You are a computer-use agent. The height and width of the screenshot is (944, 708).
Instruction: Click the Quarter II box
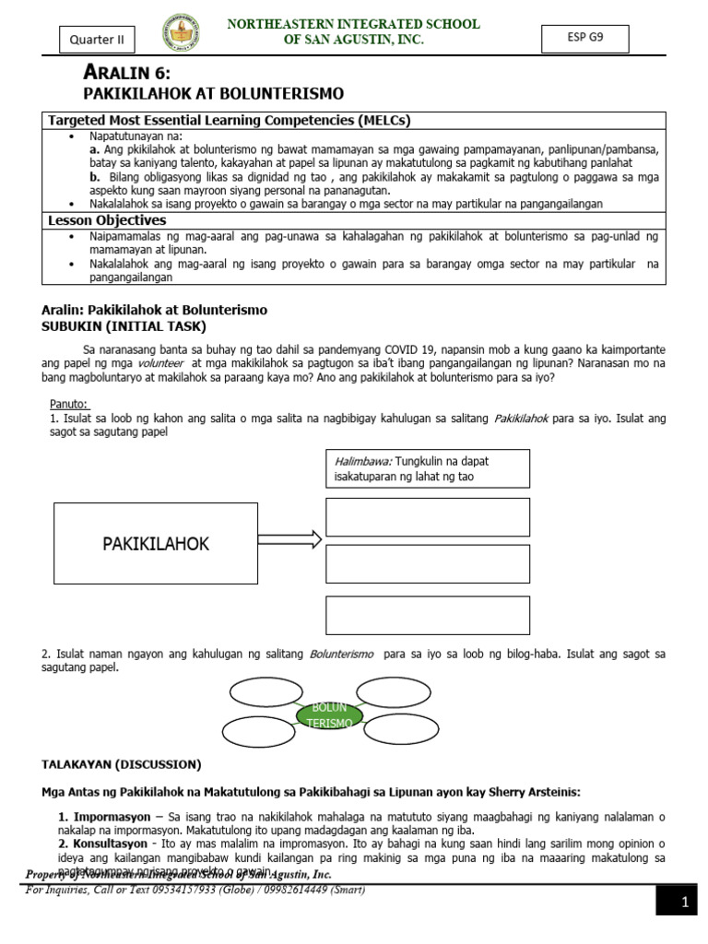tap(97, 40)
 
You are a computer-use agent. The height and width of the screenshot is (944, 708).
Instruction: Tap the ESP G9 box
tap(585, 38)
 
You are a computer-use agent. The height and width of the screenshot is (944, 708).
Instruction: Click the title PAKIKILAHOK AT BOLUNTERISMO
tap(213, 94)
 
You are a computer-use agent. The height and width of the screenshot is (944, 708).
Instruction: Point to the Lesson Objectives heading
tap(107, 220)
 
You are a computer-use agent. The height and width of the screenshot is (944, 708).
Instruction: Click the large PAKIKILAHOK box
tap(155, 544)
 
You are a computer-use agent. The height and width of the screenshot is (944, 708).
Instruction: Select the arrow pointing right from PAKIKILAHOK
tap(289, 539)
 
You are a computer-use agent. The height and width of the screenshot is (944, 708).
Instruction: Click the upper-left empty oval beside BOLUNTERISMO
tap(261, 691)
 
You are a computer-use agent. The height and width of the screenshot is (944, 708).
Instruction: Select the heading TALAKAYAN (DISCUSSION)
tap(121, 764)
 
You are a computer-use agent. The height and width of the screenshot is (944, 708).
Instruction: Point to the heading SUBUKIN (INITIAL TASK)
tap(124, 326)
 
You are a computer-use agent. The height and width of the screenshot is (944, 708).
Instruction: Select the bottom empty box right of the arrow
tap(428, 615)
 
